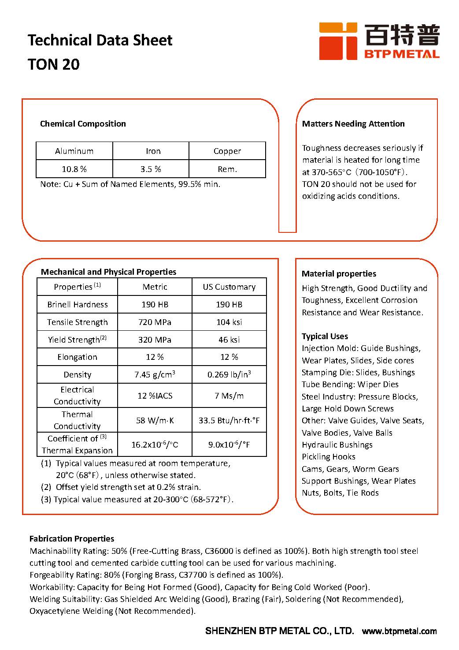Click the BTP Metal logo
pos(379,41)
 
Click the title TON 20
pos(54,64)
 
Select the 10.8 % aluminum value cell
pos(74,169)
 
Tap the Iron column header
pos(153,151)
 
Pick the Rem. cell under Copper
pos(227,169)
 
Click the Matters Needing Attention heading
pos(353,124)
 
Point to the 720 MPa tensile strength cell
pos(155,322)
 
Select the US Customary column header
pos(229,287)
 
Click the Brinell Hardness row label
pos(78,305)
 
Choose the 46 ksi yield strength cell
pos(229,340)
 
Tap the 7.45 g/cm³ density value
pos(155,375)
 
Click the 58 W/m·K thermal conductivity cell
pos(155,420)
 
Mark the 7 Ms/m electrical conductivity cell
pos(229,396)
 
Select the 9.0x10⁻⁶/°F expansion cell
pos(229,445)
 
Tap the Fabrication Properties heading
pos(71,539)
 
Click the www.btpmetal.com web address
pos(399,631)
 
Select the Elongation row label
pos(77,357)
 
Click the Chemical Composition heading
pos(83,124)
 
